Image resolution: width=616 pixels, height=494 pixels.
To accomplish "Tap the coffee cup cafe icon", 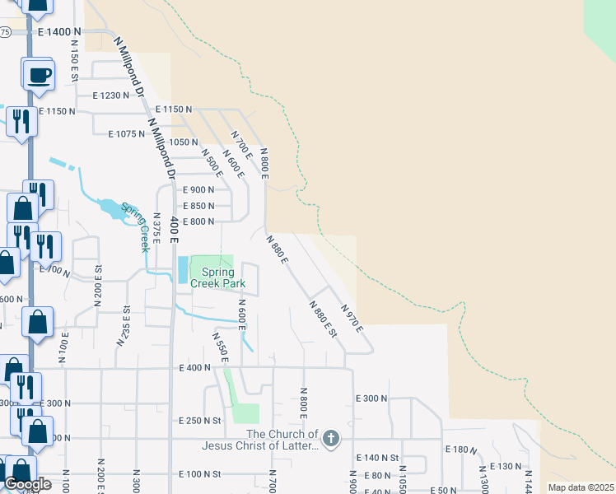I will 39,76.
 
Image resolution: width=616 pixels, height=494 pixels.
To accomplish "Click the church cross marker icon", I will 331,438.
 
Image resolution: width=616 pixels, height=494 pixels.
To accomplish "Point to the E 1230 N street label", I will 111,96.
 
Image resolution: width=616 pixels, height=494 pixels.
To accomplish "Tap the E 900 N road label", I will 198,189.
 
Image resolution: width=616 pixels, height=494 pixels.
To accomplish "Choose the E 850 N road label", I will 198,206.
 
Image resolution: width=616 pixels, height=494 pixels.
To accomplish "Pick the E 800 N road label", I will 198,221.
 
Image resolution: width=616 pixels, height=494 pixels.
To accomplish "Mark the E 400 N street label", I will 195,368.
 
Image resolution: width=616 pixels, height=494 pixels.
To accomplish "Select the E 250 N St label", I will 201,421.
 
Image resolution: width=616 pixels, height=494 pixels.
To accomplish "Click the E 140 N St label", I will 377,457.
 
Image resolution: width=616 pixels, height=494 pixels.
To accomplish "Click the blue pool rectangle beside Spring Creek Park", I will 182,269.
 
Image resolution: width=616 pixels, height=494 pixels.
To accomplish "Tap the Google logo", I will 27,484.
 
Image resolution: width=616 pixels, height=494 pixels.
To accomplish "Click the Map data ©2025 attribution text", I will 580,487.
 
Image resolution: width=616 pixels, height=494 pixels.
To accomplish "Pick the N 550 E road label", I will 220,347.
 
